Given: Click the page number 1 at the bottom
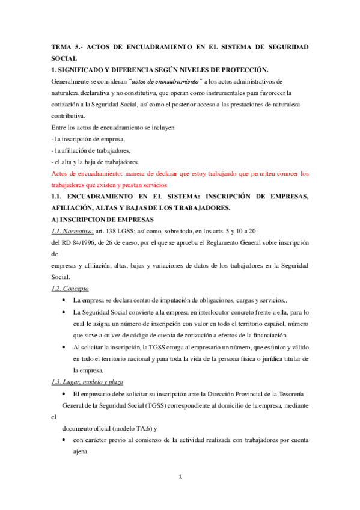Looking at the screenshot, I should click(x=180, y=477).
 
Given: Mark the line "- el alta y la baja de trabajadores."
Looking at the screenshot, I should click(x=96, y=162).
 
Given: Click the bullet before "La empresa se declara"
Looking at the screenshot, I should click(x=64, y=300).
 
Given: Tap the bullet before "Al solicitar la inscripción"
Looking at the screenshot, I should click(x=64, y=348).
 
